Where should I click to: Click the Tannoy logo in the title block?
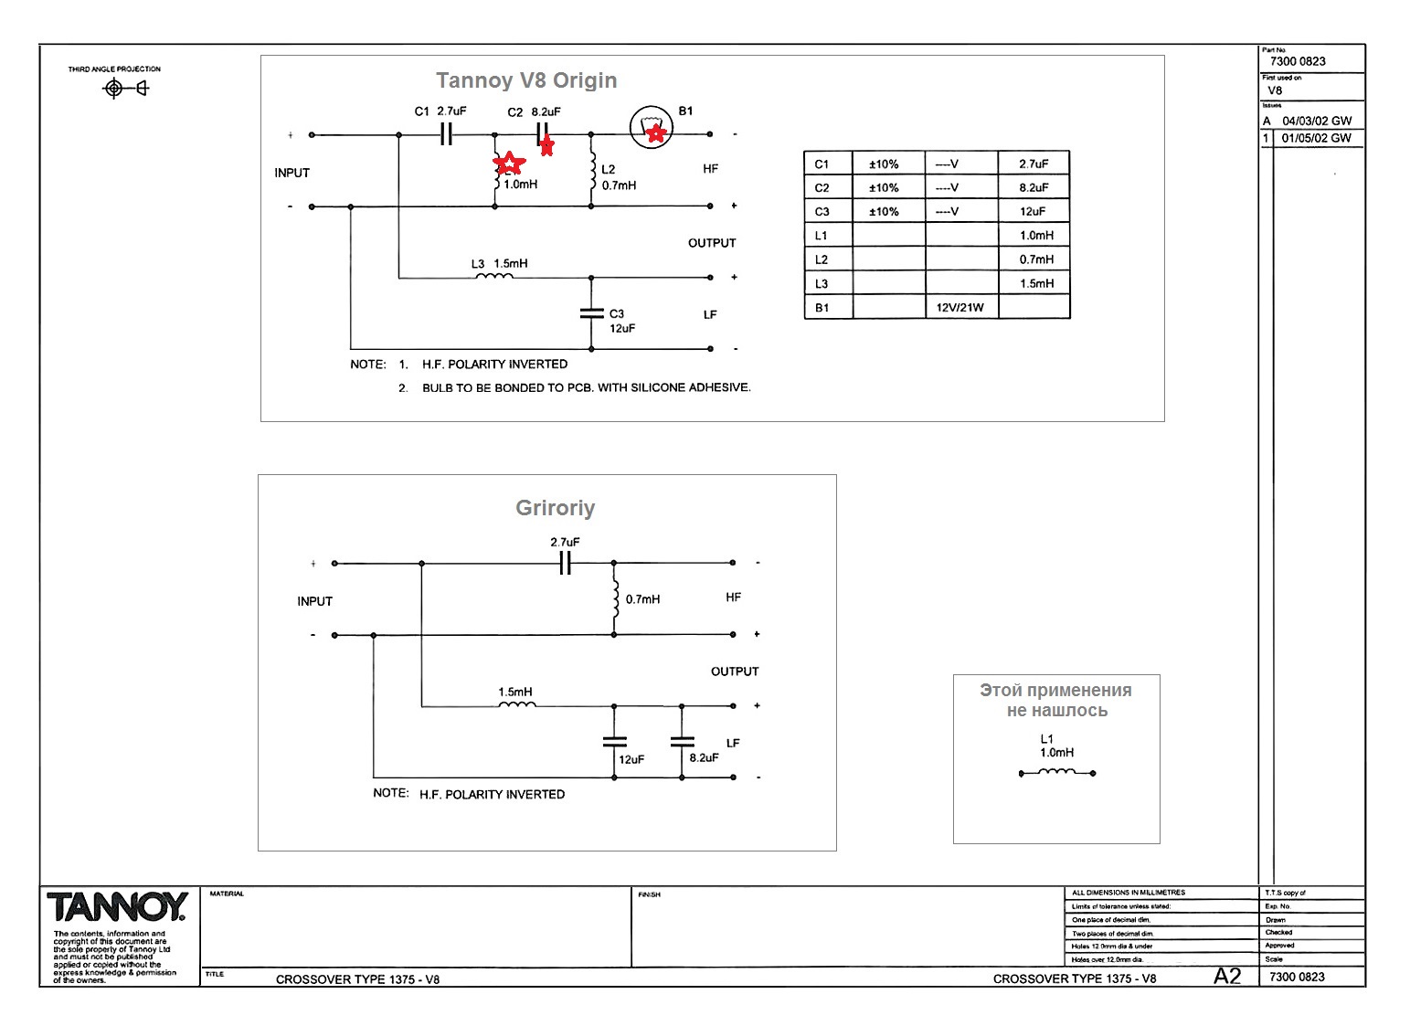117,907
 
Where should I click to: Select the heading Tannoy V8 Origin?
526,80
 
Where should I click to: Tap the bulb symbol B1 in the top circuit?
652,129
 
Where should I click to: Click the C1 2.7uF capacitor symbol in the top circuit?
446,134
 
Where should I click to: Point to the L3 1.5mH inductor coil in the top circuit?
495,276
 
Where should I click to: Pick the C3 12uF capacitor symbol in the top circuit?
591,313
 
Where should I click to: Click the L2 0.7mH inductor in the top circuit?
592,170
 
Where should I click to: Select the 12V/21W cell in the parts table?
960,307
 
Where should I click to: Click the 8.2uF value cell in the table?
1034,187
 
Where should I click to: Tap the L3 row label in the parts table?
822,283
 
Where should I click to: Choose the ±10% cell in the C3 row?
884,211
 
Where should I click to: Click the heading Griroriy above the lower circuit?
555,508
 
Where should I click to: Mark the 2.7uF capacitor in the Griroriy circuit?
565,564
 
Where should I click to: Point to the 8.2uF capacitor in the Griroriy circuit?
682,742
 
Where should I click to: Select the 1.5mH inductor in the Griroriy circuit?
517,704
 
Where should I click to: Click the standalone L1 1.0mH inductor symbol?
1057,773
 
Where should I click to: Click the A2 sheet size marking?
1227,977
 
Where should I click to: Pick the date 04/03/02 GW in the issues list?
1317,121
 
